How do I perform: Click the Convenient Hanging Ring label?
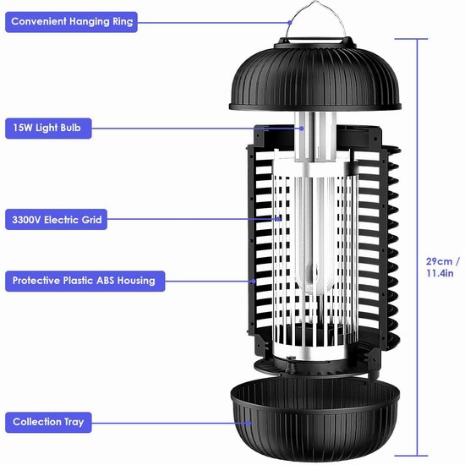[x=71, y=22]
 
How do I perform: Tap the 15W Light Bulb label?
[x=48, y=129]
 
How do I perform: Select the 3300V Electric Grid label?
[x=56, y=220]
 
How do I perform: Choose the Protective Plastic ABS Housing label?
[x=85, y=281]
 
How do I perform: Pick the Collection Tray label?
[x=48, y=422]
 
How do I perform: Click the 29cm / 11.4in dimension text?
[x=442, y=267]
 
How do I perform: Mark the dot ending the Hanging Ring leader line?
[x=290, y=23]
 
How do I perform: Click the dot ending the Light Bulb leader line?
[x=302, y=129]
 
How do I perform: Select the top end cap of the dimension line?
[x=411, y=39]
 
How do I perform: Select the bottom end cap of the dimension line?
[x=411, y=456]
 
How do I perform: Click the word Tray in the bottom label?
[x=74, y=422]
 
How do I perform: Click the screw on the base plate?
[x=291, y=359]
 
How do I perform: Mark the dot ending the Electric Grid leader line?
[x=279, y=219]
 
